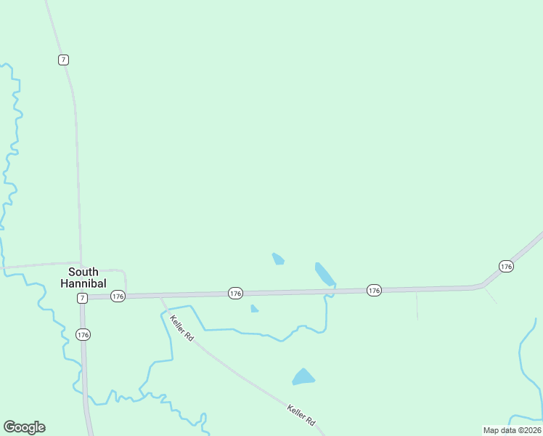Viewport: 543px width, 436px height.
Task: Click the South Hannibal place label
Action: point(83,278)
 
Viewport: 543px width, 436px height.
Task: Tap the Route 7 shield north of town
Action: point(64,60)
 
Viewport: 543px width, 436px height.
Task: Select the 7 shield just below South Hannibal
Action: point(82,298)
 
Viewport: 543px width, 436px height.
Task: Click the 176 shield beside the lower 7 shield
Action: point(118,296)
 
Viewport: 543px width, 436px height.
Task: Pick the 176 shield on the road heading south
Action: point(83,334)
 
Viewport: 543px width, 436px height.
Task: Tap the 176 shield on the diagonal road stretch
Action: point(506,267)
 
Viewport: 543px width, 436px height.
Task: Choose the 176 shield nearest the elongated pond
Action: point(373,290)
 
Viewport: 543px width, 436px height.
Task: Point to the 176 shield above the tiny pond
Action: point(235,293)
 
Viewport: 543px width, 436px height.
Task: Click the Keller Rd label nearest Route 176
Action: point(181,328)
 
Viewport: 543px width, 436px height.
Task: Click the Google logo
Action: point(25,427)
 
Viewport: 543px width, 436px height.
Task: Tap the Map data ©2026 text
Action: point(512,430)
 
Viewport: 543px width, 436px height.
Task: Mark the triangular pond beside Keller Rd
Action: point(303,377)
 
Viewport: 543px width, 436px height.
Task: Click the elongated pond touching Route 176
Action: point(324,273)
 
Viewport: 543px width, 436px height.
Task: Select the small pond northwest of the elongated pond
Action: point(277,259)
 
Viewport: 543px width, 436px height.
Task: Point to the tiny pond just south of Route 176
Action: point(254,309)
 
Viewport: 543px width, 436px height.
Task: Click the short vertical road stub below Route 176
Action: point(417,307)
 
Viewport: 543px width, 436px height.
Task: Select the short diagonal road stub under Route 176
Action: point(491,295)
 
